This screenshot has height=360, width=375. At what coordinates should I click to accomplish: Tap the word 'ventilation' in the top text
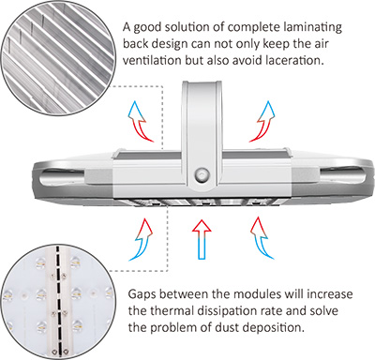[x=152, y=60]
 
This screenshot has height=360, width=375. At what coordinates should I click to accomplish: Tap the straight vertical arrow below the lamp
[x=202, y=239]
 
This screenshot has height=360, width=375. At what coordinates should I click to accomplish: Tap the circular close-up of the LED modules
[x=57, y=303]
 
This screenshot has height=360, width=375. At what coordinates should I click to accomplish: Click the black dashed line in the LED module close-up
[x=58, y=300]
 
